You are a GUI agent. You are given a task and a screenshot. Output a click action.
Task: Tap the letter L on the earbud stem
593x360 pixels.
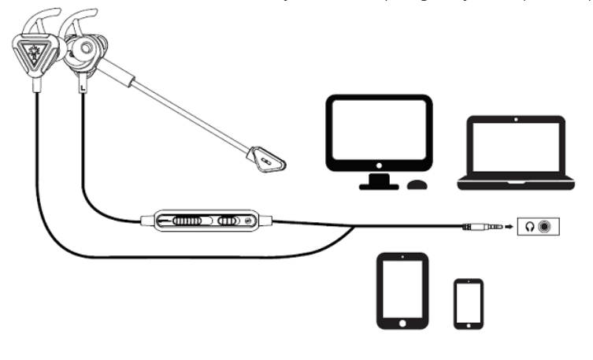point(82,89)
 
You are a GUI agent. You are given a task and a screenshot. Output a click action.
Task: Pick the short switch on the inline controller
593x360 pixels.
point(229,221)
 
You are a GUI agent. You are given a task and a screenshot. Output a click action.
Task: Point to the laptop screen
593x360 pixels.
point(515,150)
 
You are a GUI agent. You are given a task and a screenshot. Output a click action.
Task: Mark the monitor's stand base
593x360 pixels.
point(378,187)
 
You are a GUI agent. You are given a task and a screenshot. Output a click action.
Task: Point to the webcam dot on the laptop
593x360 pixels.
point(515,121)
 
